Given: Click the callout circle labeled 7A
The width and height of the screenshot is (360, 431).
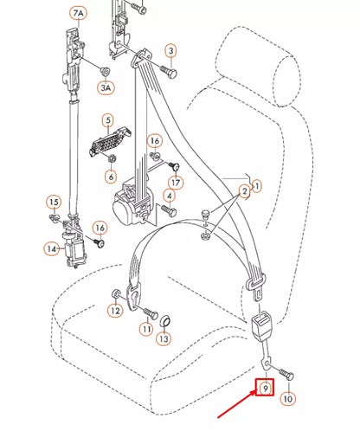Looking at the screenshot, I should click(x=79, y=14).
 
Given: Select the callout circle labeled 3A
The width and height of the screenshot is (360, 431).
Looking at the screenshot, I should click(x=106, y=87).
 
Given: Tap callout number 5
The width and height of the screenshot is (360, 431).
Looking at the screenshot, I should click(x=107, y=121).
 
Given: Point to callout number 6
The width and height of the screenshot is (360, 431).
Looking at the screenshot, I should click(x=111, y=177).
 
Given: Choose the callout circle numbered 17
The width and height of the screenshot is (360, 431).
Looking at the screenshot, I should click(x=176, y=183).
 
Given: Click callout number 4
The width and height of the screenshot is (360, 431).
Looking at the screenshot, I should click(x=170, y=210).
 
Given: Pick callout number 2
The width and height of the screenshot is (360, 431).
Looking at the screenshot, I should click(x=245, y=190).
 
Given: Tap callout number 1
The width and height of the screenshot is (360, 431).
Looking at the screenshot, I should click(x=256, y=185).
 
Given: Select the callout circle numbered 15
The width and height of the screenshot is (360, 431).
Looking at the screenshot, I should click(x=54, y=203).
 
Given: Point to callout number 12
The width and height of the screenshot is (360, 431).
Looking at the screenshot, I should click(x=115, y=310).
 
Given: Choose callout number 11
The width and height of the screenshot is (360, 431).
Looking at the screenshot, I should click(x=146, y=329).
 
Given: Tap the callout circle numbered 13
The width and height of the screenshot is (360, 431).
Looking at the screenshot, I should click(x=164, y=338).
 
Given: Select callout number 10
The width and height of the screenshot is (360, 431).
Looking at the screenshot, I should click(x=288, y=399).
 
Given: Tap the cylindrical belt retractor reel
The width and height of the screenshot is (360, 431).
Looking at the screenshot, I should click(x=132, y=204).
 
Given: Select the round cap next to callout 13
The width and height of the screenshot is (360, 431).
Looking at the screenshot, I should click(x=165, y=322).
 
